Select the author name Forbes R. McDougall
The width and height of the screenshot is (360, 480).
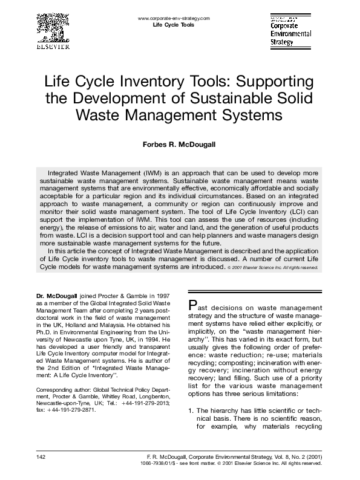pyautogui.click(x=180, y=144)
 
